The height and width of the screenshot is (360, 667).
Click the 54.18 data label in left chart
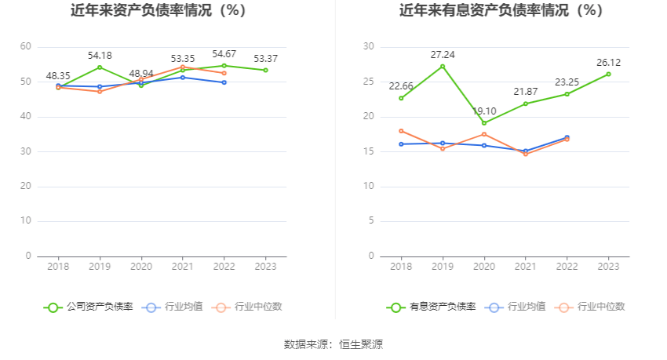[x=100, y=56]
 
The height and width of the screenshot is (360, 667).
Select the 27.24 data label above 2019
[x=443, y=55]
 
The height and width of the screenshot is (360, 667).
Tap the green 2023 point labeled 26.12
[x=608, y=75]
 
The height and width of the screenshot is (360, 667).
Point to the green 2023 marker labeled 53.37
[x=265, y=71]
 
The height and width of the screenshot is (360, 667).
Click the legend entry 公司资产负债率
[x=89, y=307]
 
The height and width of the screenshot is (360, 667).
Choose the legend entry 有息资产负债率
[x=432, y=307]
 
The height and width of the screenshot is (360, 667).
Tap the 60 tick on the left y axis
[x=26, y=47]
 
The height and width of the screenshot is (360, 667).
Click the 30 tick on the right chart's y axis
[x=368, y=47]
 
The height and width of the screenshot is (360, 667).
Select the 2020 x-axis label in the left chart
[x=141, y=267]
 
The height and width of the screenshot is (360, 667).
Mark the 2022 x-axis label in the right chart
[x=567, y=267]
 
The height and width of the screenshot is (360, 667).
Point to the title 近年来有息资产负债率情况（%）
[x=501, y=11]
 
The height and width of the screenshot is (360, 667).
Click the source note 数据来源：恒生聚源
[x=333, y=344]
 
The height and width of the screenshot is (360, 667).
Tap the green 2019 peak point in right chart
[x=443, y=67]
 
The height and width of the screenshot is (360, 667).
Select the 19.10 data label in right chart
[x=484, y=111]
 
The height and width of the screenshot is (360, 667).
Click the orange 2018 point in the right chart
[x=401, y=131]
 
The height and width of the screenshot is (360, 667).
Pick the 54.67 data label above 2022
[x=224, y=53]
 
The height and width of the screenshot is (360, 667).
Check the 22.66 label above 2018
[x=401, y=86]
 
